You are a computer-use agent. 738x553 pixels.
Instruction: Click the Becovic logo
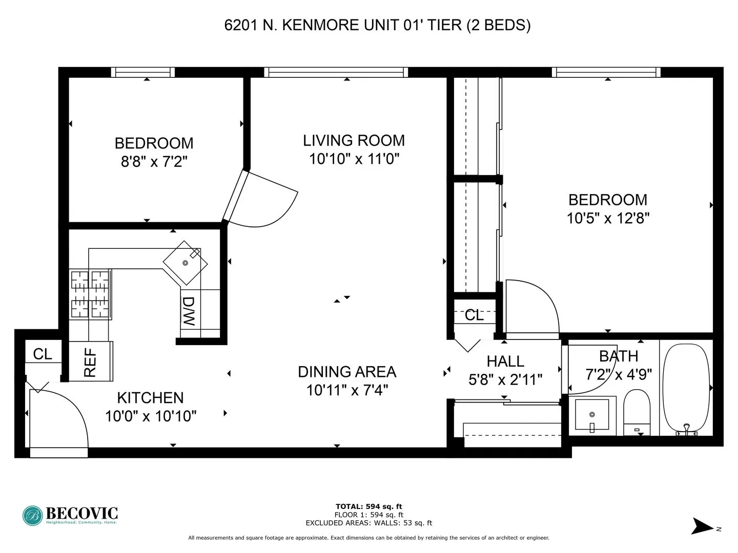tap(70, 515)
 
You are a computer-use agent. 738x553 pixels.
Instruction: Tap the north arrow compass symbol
tap(703, 526)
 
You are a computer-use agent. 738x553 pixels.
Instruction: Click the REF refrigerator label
tap(90, 363)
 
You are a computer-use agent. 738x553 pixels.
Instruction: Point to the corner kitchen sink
tap(186, 263)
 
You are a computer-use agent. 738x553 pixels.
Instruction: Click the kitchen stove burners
tap(91, 294)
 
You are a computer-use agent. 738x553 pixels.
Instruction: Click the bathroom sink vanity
tap(592, 414)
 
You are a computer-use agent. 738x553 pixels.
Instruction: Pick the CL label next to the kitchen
tap(43, 354)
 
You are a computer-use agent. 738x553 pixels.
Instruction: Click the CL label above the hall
tap(474, 315)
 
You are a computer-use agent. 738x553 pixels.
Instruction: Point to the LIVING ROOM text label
tap(354, 140)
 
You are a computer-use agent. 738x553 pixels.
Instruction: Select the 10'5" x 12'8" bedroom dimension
tap(608, 219)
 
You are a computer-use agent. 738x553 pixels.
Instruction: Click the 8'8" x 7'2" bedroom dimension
tap(154, 162)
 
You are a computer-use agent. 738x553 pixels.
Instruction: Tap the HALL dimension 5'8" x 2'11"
tap(505, 379)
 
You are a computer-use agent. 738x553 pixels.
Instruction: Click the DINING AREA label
tap(347, 372)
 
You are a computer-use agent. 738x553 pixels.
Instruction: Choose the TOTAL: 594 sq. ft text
tap(368, 507)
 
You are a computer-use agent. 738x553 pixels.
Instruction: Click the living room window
tap(336, 72)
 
